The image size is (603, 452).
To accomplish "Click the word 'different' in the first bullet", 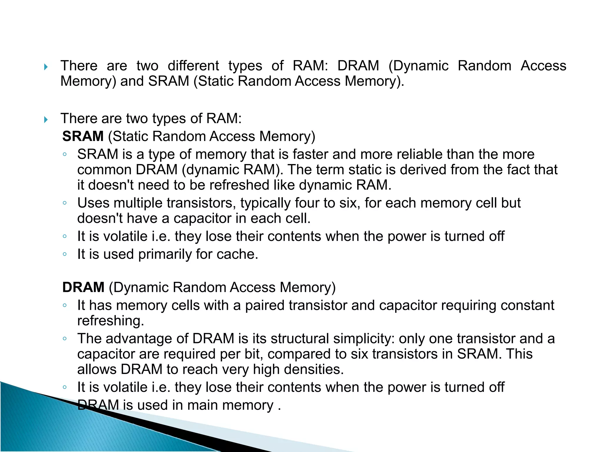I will point(193,66).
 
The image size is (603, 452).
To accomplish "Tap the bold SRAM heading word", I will point(83,136).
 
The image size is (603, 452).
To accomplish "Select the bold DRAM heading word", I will point(83,287).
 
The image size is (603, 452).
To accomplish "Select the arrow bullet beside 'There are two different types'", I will point(46,67).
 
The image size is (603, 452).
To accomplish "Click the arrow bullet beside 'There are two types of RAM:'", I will point(46,120).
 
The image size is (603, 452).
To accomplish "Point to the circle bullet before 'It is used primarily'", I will point(65,254).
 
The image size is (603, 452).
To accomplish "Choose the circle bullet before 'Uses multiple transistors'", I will point(65,203).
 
